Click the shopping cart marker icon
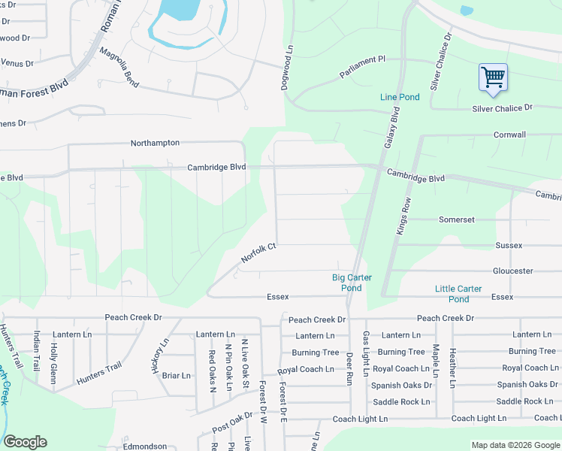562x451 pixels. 493,77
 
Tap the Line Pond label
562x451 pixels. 400,98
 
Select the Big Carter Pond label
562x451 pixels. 352,283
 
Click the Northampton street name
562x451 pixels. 155,143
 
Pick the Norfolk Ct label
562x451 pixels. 259,253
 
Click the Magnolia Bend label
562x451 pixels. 119,65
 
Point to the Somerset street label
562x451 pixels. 457,219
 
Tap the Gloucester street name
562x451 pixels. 512,271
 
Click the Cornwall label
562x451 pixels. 509,135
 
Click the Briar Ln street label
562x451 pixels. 177,375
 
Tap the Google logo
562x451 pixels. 25,442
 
